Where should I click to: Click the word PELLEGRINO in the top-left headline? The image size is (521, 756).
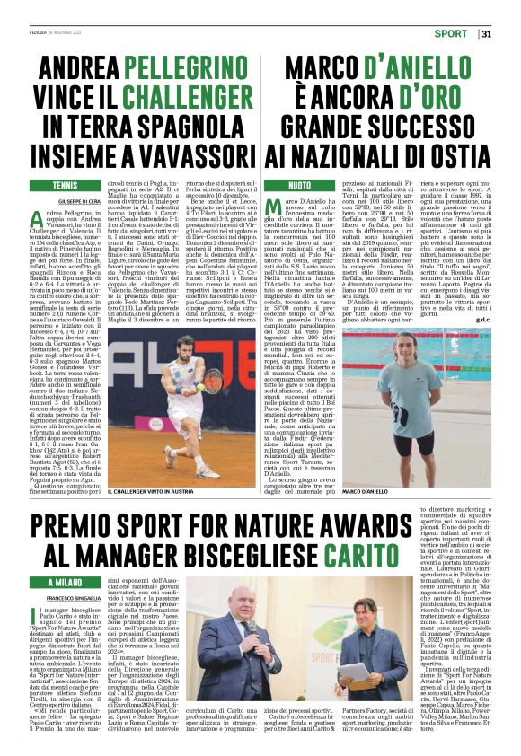coord(185,68)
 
